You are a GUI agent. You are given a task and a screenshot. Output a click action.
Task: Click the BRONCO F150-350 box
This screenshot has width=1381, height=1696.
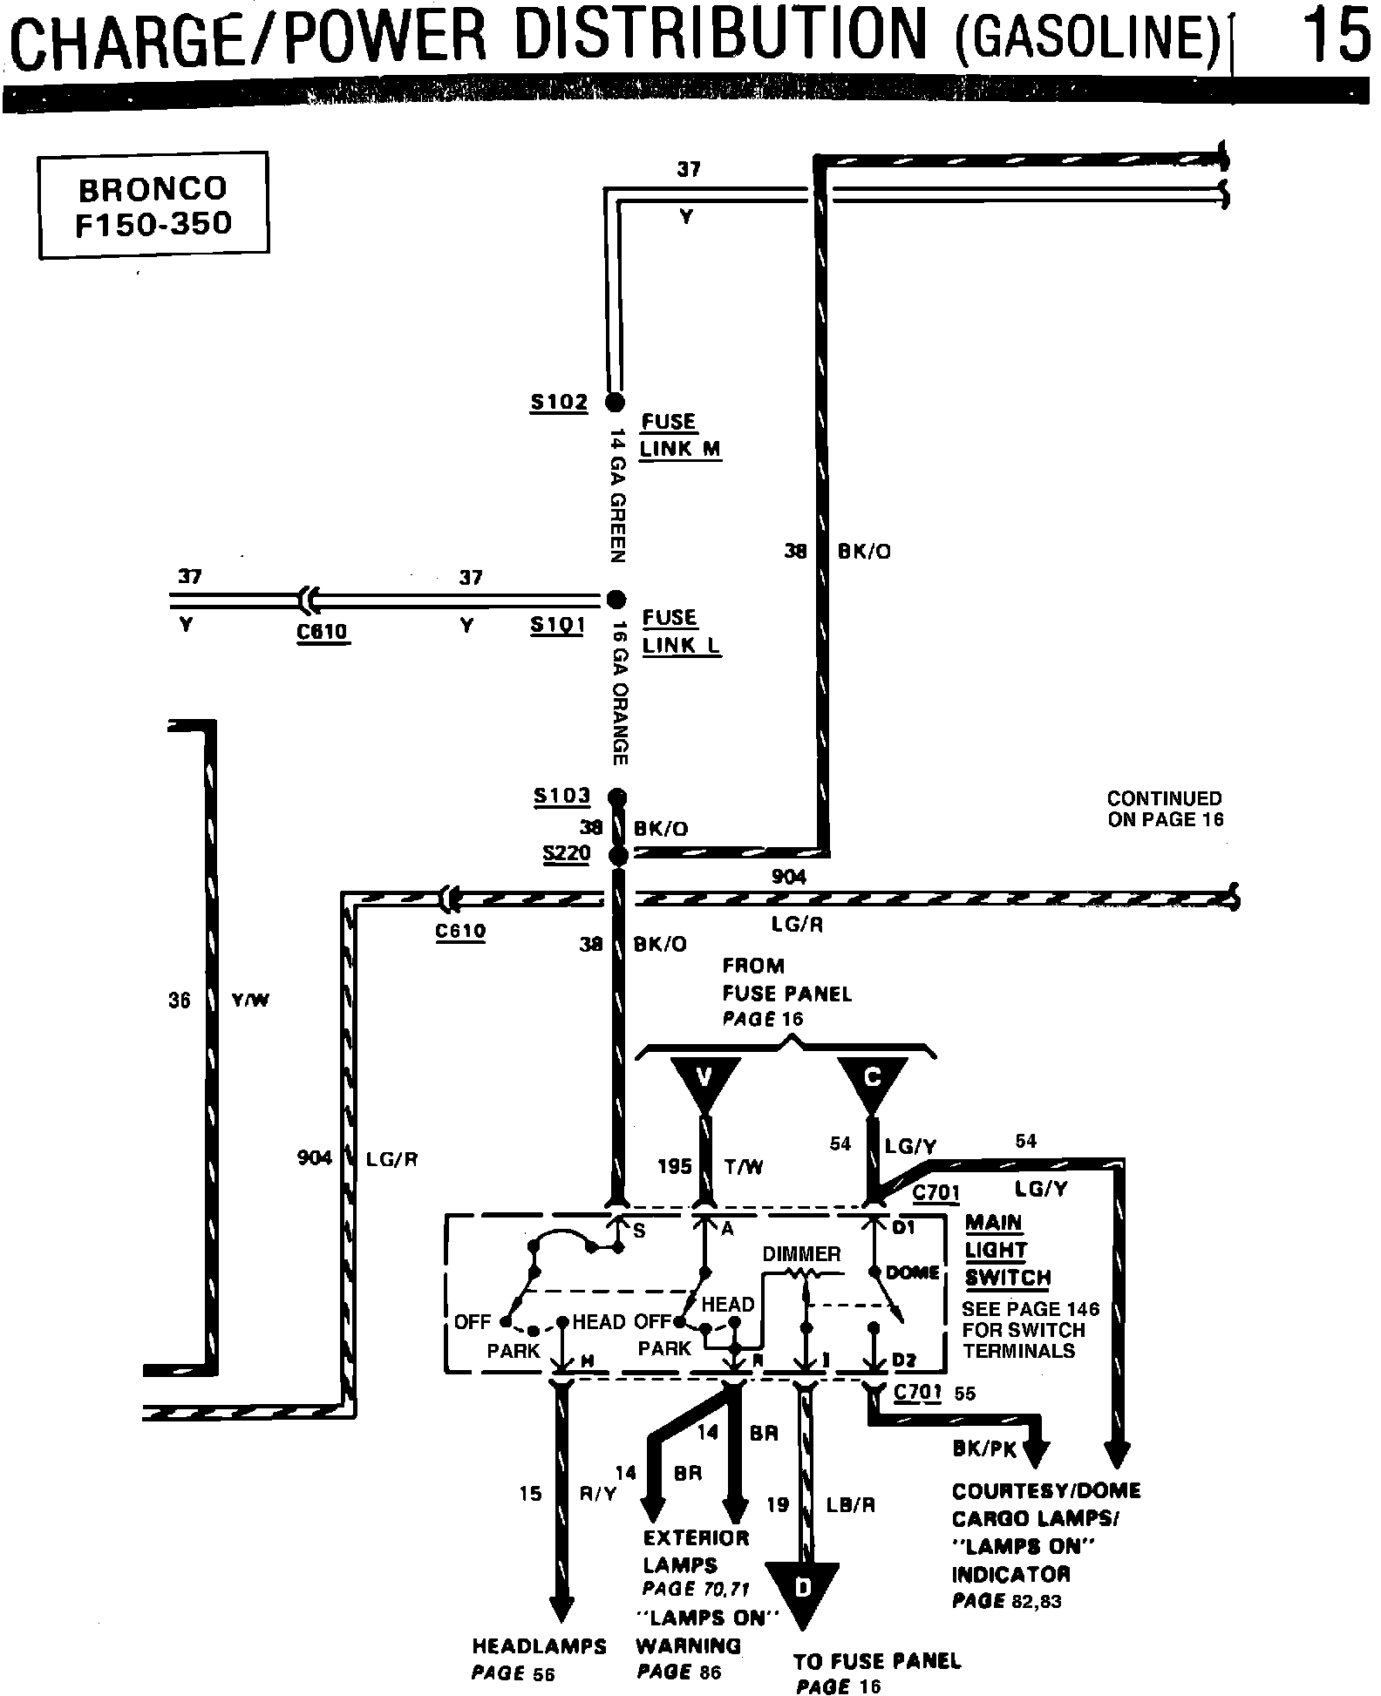pos(153,206)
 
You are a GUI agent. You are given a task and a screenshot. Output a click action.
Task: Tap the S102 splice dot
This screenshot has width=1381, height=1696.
pos(616,402)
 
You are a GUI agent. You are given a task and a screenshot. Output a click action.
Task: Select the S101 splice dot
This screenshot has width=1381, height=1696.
pos(616,599)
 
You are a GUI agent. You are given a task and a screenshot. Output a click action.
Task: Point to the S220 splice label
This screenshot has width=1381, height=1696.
pos(566,853)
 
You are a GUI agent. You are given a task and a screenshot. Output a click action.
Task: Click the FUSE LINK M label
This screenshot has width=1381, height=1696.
pos(680,435)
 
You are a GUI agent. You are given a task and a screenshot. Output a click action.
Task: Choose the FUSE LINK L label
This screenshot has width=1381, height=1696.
pos(681,632)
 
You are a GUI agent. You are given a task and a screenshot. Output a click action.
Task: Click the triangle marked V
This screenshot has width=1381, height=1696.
pos(704,1082)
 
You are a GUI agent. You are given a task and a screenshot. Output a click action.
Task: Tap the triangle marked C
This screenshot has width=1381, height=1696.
pos(871,1082)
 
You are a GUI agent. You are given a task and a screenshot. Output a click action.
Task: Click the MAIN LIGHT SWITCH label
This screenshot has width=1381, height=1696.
pos(1008,1251)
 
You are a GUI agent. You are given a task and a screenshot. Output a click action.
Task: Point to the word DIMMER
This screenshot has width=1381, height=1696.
pos(801,1254)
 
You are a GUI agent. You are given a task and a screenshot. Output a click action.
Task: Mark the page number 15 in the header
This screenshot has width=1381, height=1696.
pos(1335,37)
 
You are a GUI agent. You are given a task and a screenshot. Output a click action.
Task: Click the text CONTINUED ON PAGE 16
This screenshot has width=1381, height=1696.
pos(1165,809)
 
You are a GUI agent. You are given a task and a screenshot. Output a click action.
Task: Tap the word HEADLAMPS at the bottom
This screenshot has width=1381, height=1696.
pos(539,1646)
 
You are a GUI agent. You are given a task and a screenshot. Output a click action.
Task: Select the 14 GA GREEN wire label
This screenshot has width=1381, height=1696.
pos(617,494)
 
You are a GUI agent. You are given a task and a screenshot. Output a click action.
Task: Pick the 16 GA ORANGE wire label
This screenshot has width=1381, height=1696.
pos(619,693)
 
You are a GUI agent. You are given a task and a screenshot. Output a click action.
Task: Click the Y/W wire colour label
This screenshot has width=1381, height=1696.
pos(250,1001)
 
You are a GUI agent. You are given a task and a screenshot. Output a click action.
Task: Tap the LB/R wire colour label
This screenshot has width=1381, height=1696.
pos(851,1505)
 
